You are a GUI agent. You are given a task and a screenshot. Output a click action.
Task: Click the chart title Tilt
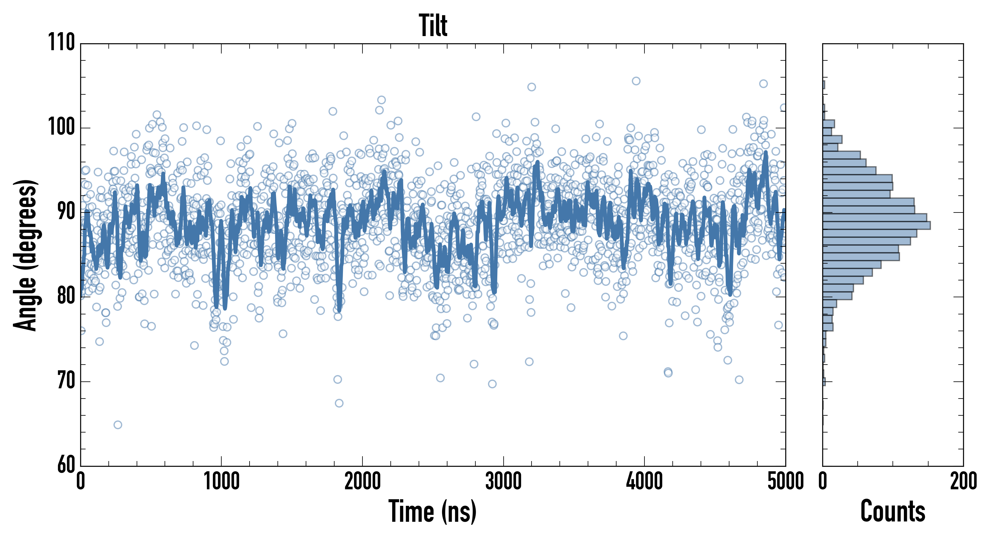pyautogui.click(x=433, y=26)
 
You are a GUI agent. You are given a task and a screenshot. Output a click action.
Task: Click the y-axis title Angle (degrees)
pyautogui.click(x=26, y=255)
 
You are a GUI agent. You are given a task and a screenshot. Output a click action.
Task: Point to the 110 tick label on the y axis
pyautogui.click(x=62, y=42)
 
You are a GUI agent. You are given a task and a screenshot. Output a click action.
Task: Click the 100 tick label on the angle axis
pyautogui.click(x=62, y=127)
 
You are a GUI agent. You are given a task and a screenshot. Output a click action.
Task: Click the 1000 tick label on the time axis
pyautogui.click(x=221, y=481)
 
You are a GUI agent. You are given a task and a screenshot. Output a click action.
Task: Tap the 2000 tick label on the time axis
pyautogui.click(x=362, y=481)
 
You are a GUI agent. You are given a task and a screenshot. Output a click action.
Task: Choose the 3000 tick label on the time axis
pyautogui.click(x=503, y=481)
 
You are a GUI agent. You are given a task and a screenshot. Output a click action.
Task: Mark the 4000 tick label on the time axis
pyautogui.click(x=644, y=481)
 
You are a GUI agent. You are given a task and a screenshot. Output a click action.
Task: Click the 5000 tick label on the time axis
pyautogui.click(x=785, y=481)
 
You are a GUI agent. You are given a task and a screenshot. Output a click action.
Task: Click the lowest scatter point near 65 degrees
pyautogui.click(x=118, y=425)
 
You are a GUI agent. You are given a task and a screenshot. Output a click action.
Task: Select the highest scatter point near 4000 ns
pyautogui.click(x=636, y=81)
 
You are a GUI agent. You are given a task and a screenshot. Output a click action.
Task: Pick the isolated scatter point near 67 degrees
pyautogui.click(x=339, y=403)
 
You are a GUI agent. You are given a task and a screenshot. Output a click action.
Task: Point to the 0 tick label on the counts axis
pyautogui.click(x=823, y=481)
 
